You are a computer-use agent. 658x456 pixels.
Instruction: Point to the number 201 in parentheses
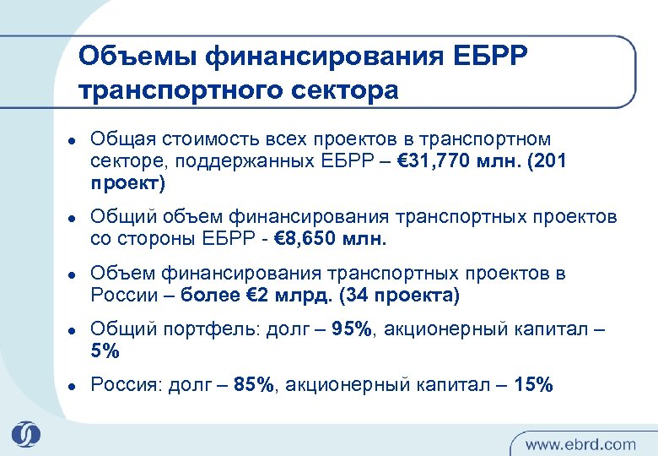[547, 161]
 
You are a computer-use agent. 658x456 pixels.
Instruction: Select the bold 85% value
[254, 385]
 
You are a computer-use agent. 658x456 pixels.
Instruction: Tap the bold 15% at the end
[533, 385]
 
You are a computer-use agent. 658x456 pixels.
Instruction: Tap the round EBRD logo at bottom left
[25, 432]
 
